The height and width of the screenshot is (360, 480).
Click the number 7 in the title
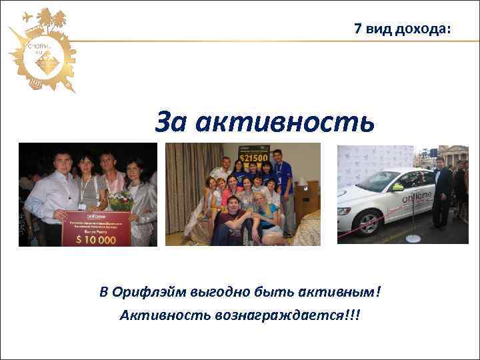[358, 29]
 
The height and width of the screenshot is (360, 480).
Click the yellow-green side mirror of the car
[397, 187]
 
